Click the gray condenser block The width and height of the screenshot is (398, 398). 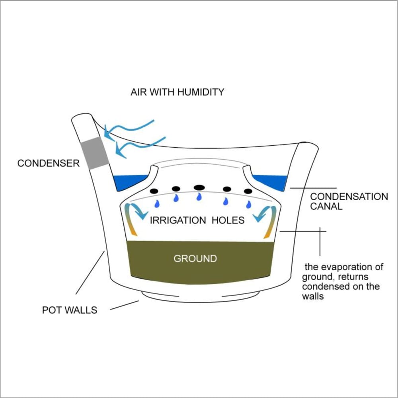pos(94,153)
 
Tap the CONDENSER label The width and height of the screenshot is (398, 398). pos(49,163)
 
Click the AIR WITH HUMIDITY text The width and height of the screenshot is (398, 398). pos(178,92)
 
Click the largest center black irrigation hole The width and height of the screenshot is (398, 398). pos(199,187)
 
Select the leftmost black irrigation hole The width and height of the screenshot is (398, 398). pos(154,191)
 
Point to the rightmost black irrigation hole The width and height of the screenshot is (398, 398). pos(248,191)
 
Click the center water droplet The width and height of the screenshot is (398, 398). pos(199,197)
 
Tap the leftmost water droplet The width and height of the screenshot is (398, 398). pos(157,203)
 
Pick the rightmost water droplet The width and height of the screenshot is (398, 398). pos(249,204)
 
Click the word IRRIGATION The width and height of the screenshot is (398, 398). pos(178,220)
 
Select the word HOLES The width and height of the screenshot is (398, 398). pos(228,220)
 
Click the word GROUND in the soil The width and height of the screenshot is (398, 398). pos(195,259)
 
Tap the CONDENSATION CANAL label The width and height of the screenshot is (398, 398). pos(349,201)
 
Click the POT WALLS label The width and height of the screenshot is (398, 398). pos(70,310)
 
